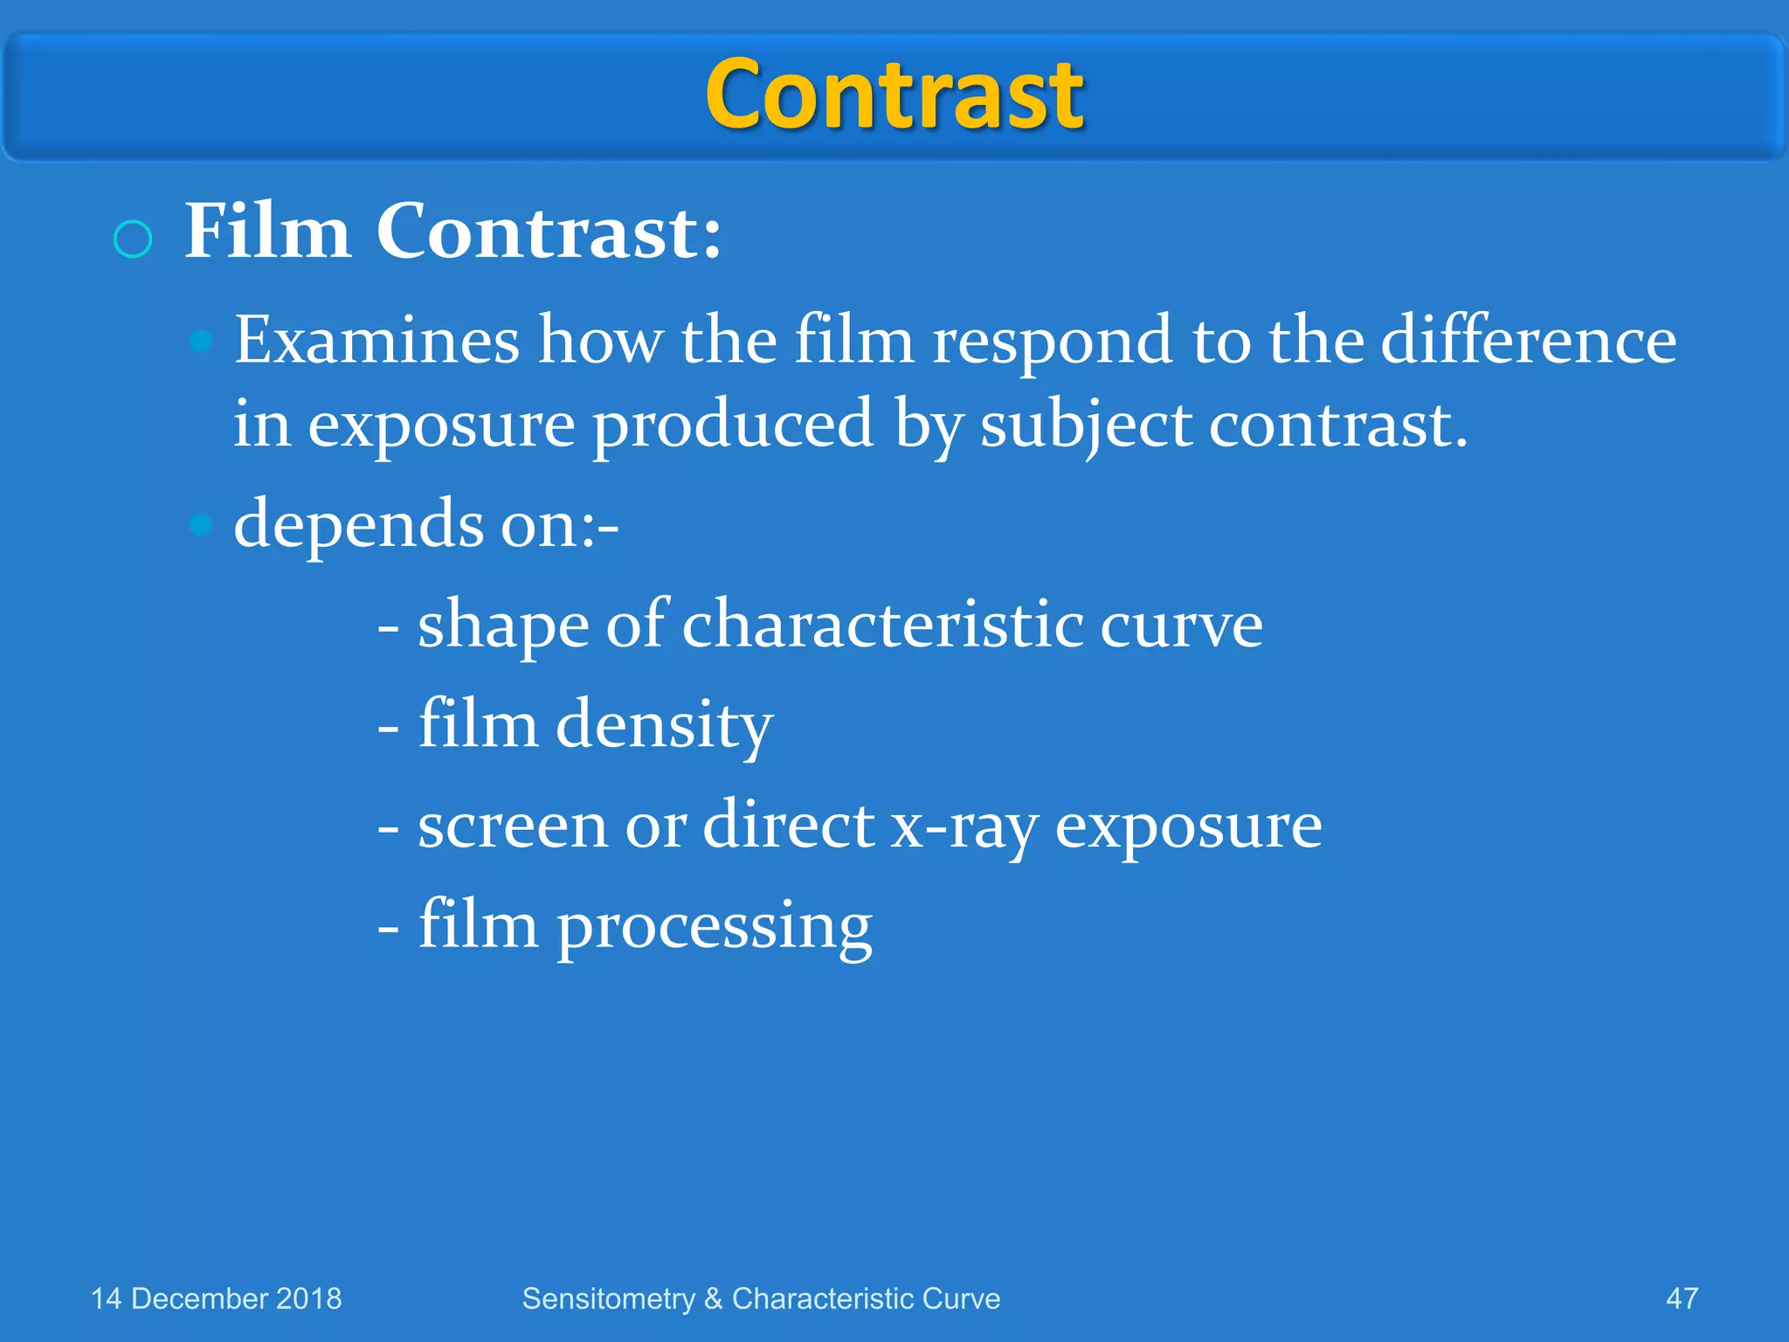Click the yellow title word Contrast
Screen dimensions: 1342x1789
(894, 94)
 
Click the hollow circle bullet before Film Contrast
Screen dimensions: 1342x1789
(133, 239)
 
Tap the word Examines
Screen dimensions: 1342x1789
(376, 340)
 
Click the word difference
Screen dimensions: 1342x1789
(1528, 340)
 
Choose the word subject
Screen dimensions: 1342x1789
(1086, 426)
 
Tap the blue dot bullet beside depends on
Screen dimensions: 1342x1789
(201, 525)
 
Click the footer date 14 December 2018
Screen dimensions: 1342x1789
(217, 1298)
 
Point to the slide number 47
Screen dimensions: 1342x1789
(1682, 1298)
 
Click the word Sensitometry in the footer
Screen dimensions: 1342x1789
(608, 1299)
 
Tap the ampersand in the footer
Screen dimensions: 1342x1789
(713, 1299)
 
